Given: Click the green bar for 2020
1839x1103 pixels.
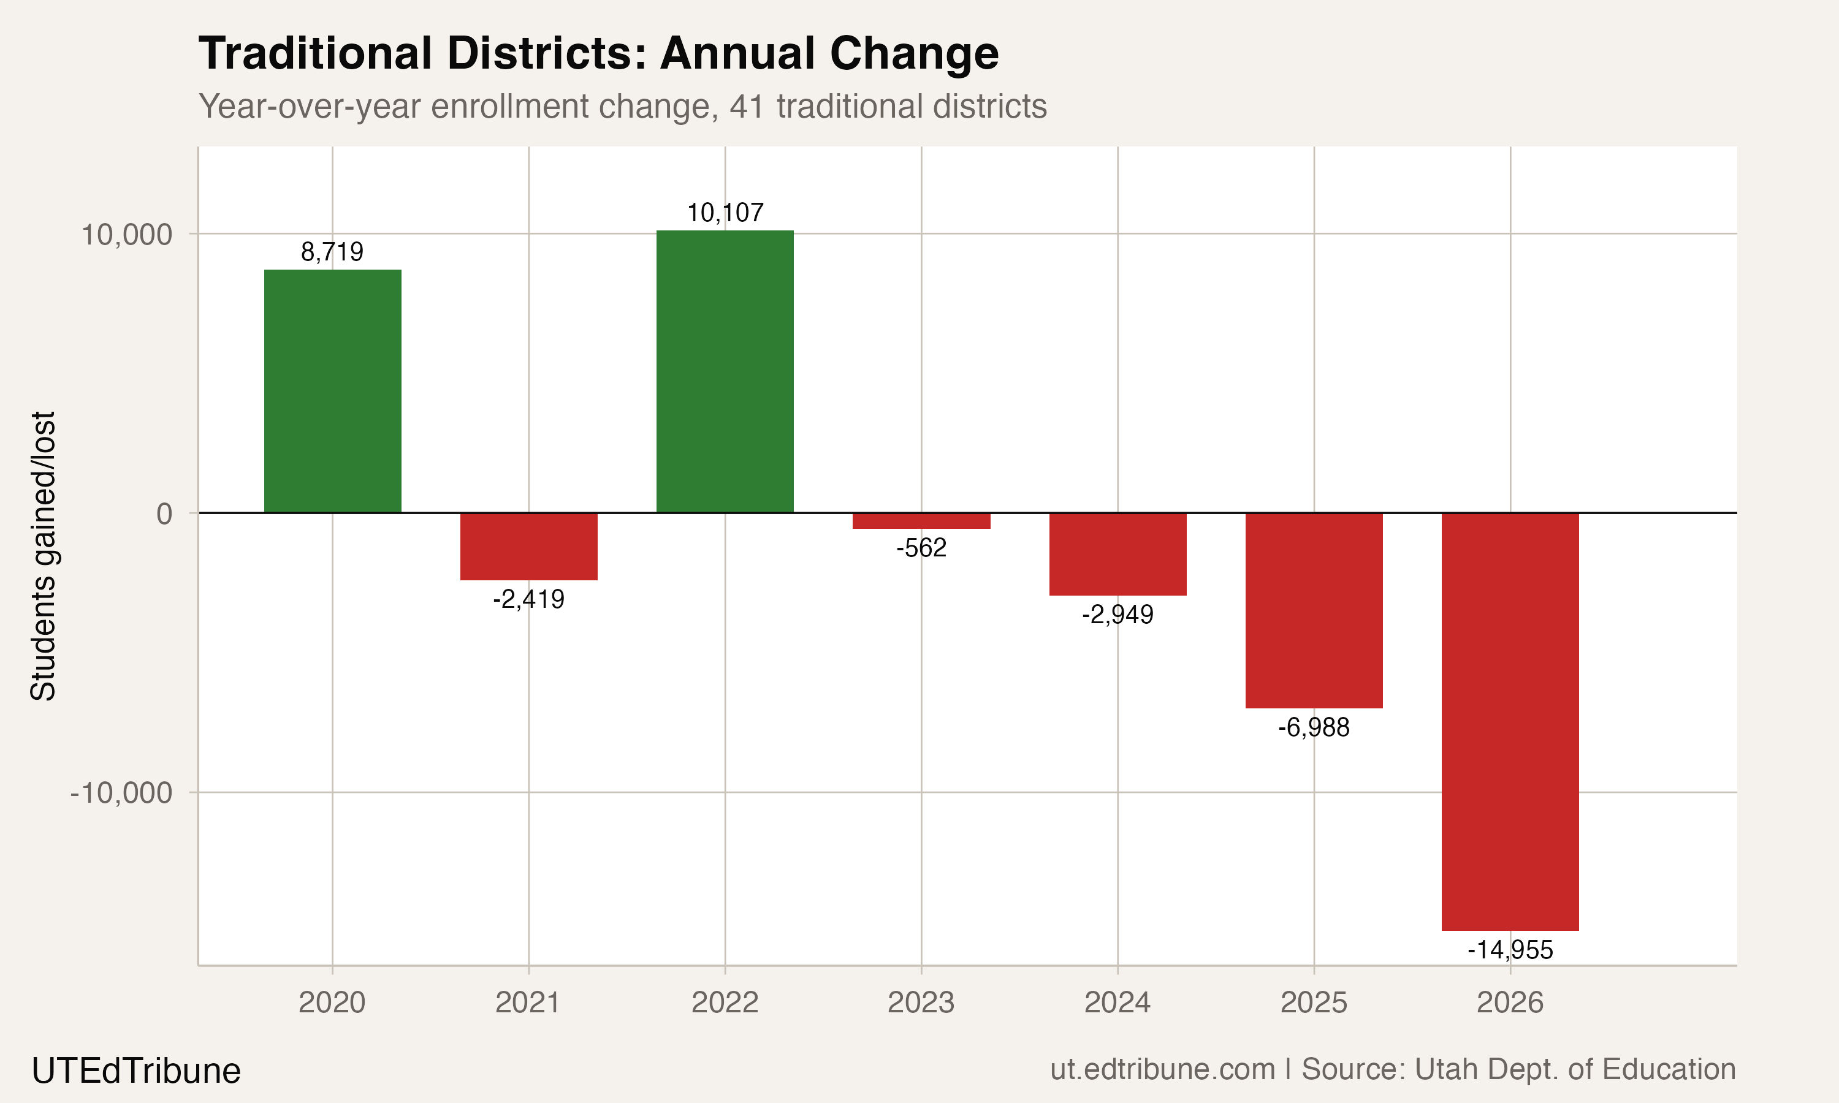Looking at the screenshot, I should pyautogui.click(x=332, y=391).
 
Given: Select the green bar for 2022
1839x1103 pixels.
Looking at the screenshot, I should pyautogui.click(x=725, y=371).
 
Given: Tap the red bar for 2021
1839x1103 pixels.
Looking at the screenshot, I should pyautogui.click(x=528, y=547).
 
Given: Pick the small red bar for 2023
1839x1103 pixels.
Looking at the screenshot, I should pyautogui.click(x=921, y=521).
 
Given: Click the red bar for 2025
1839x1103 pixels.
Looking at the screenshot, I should pyautogui.click(x=1314, y=610).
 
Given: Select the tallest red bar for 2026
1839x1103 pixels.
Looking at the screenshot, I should pyautogui.click(x=1510, y=721).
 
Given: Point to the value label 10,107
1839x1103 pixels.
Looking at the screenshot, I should pyautogui.click(x=725, y=213).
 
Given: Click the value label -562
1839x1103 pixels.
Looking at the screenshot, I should pyautogui.click(x=921, y=548).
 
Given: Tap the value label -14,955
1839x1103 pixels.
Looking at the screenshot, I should pyautogui.click(x=1510, y=950).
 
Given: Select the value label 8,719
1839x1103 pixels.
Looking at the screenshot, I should pyautogui.click(x=332, y=252).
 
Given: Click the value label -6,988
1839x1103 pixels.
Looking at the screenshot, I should pyautogui.click(x=1314, y=727).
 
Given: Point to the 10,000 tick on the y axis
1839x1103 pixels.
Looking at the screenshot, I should pyautogui.click(x=126, y=235).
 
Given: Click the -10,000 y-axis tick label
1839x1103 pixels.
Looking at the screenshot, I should pyautogui.click(x=121, y=793).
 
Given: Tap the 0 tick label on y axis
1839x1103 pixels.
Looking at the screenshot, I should pyautogui.click(x=164, y=514).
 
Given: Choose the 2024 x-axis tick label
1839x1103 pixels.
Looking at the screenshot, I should pyautogui.click(x=1117, y=1003).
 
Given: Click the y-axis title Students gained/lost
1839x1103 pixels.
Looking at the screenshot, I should pyautogui.click(x=43, y=556).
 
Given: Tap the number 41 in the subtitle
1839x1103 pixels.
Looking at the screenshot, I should pyautogui.click(x=746, y=106).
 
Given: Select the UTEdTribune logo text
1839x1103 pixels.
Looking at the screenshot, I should pyautogui.click(x=136, y=1071).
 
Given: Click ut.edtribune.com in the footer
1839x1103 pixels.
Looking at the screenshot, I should pyautogui.click(x=1162, y=1069).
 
